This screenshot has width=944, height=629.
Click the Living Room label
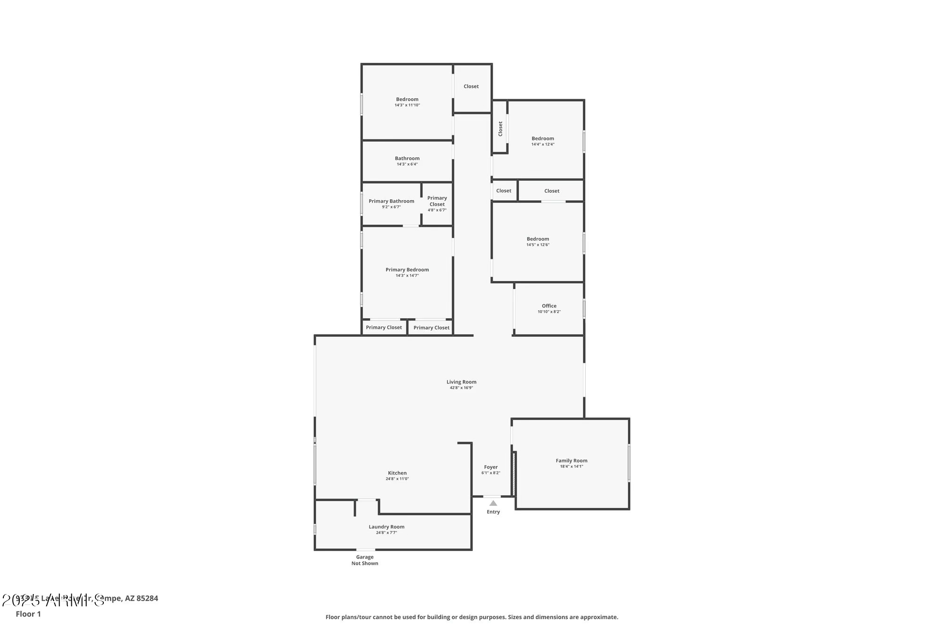point(461,382)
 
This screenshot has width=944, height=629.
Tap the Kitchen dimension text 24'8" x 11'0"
point(397,479)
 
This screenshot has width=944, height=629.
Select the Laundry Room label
point(386,527)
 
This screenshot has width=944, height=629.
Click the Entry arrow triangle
point(493,503)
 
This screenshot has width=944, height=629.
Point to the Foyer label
point(490,467)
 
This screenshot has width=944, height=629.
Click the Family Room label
point(571,460)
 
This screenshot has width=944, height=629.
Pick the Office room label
point(549,306)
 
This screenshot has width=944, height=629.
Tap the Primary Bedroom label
point(407,270)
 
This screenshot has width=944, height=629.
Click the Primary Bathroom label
point(391,201)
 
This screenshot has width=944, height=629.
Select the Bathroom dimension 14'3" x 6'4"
point(407,164)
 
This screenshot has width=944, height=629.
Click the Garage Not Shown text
point(364,560)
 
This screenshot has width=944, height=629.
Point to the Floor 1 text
point(28,614)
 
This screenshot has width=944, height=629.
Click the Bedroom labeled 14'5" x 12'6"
point(538,239)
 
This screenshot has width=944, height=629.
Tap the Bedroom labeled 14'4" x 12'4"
point(542,139)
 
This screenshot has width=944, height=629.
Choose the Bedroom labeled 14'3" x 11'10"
point(407,99)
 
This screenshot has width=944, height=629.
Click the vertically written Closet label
point(500,129)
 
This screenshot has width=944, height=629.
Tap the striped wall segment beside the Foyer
point(514,474)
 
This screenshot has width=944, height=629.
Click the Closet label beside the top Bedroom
point(471,86)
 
